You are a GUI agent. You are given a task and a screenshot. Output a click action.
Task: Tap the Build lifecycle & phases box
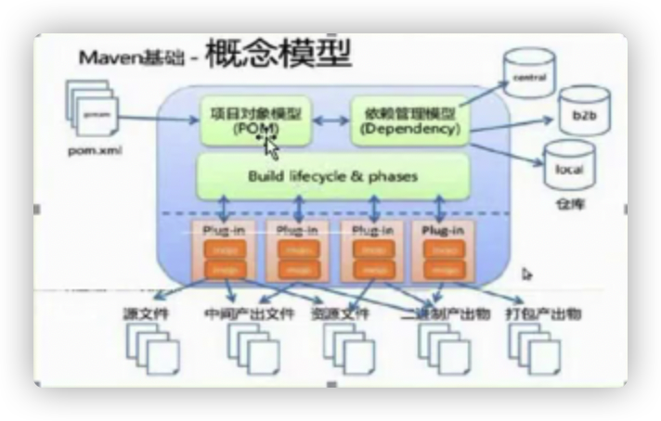coord(332,175)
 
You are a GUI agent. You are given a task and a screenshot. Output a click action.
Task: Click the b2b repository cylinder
coord(584,110)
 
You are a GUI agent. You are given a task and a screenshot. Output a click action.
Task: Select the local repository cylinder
coord(569,165)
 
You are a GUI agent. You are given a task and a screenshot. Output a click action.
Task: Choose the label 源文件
coord(148,314)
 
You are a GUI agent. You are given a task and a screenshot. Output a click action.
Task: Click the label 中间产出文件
coord(249,314)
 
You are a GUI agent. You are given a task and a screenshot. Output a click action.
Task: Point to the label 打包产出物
coord(544,314)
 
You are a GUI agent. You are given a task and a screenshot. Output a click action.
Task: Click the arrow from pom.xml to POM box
coord(162,119)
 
